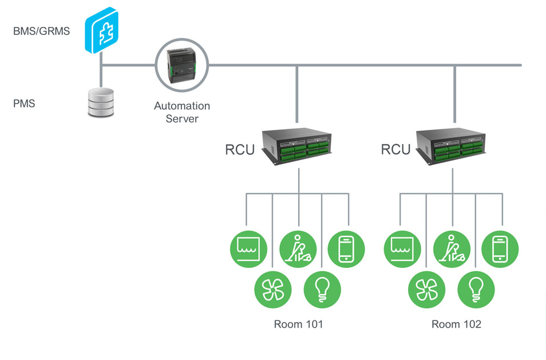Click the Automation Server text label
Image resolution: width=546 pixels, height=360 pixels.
tap(182, 112)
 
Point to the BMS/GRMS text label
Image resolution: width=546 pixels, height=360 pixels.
tap(41, 31)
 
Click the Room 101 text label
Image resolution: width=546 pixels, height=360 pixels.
tap(298, 325)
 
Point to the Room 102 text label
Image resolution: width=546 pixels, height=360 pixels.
tap(456, 325)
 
